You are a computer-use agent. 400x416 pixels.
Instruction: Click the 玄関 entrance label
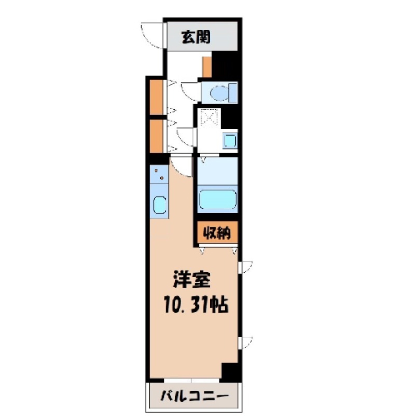[x=196, y=37]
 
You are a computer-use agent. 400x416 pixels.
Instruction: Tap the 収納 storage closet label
[x=217, y=233]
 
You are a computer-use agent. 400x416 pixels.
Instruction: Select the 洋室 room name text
[x=192, y=280]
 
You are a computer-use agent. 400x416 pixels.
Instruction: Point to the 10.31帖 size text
[x=196, y=305]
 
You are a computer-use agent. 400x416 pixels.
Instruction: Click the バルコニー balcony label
[x=195, y=396]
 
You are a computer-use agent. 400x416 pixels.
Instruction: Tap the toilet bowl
[x=219, y=92]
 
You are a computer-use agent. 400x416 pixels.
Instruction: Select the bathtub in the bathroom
[x=217, y=199]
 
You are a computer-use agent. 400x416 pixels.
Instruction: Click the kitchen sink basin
[x=159, y=205]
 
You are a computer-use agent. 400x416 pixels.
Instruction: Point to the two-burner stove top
[x=159, y=174]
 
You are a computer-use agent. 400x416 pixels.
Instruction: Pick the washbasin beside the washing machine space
[x=230, y=141]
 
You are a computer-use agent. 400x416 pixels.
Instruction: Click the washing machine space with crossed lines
[x=209, y=118]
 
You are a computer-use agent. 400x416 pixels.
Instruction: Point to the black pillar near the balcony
[x=230, y=372]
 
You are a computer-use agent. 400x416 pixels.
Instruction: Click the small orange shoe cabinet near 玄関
[x=207, y=67]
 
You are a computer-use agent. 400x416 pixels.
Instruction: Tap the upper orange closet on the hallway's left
[x=157, y=97]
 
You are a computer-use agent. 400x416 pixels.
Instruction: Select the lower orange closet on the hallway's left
[x=157, y=136]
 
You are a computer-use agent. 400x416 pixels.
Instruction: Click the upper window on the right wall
[x=245, y=267]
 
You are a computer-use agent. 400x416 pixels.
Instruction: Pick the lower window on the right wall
[x=245, y=343]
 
